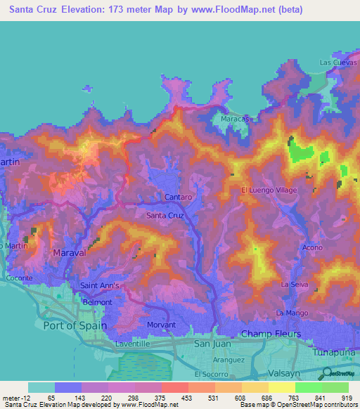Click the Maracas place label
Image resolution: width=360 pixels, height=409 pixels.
pyautogui.click(x=236, y=119)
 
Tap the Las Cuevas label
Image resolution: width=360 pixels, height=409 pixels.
pyautogui.click(x=335, y=63)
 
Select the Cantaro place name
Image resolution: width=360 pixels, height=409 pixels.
pyautogui.click(x=179, y=197)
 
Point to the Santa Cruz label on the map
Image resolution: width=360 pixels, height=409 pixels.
pyautogui.click(x=165, y=216)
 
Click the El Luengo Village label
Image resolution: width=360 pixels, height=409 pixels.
pyautogui.click(x=269, y=190)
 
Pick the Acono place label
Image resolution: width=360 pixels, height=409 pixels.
pyautogui.click(x=312, y=248)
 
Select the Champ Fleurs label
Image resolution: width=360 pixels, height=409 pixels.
pyautogui.click(x=271, y=334)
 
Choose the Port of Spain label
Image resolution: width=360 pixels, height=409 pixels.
pyautogui.click(x=75, y=325)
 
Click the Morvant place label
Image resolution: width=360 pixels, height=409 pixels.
pyautogui.click(x=161, y=325)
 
